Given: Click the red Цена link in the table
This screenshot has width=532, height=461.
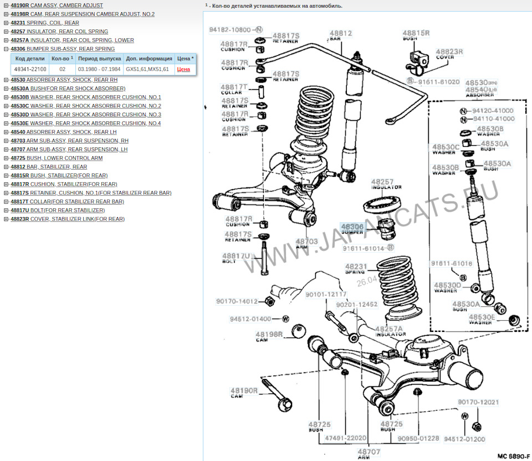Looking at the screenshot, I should [x=183, y=69].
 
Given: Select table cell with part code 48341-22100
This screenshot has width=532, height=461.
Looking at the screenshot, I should [x=30, y=69].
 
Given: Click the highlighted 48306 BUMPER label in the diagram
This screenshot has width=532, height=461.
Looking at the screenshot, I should [x=352, y=229].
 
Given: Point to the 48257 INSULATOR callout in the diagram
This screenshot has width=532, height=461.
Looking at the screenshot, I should [x=382, y=184].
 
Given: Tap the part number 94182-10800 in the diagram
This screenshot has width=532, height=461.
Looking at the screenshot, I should [x=229, y=29].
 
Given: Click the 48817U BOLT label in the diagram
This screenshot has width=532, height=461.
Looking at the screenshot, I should [x=236, y=258].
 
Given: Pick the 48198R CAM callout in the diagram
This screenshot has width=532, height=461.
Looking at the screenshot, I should [x=269, y=337].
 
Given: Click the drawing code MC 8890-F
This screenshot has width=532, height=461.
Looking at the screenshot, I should [x=513, y=455].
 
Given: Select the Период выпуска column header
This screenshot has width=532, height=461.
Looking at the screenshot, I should [x=99, y=58].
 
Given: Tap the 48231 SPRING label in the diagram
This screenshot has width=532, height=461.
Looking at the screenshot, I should [x=356, y=269].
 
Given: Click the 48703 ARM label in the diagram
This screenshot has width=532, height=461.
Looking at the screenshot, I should [x=306, y=244].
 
